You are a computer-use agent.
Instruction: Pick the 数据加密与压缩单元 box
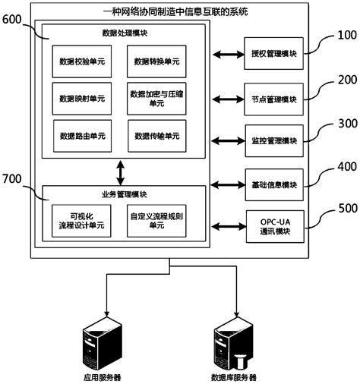(156, 98)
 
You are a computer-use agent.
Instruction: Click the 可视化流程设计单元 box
(82, 220)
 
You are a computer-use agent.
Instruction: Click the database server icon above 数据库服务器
(232, 343)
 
